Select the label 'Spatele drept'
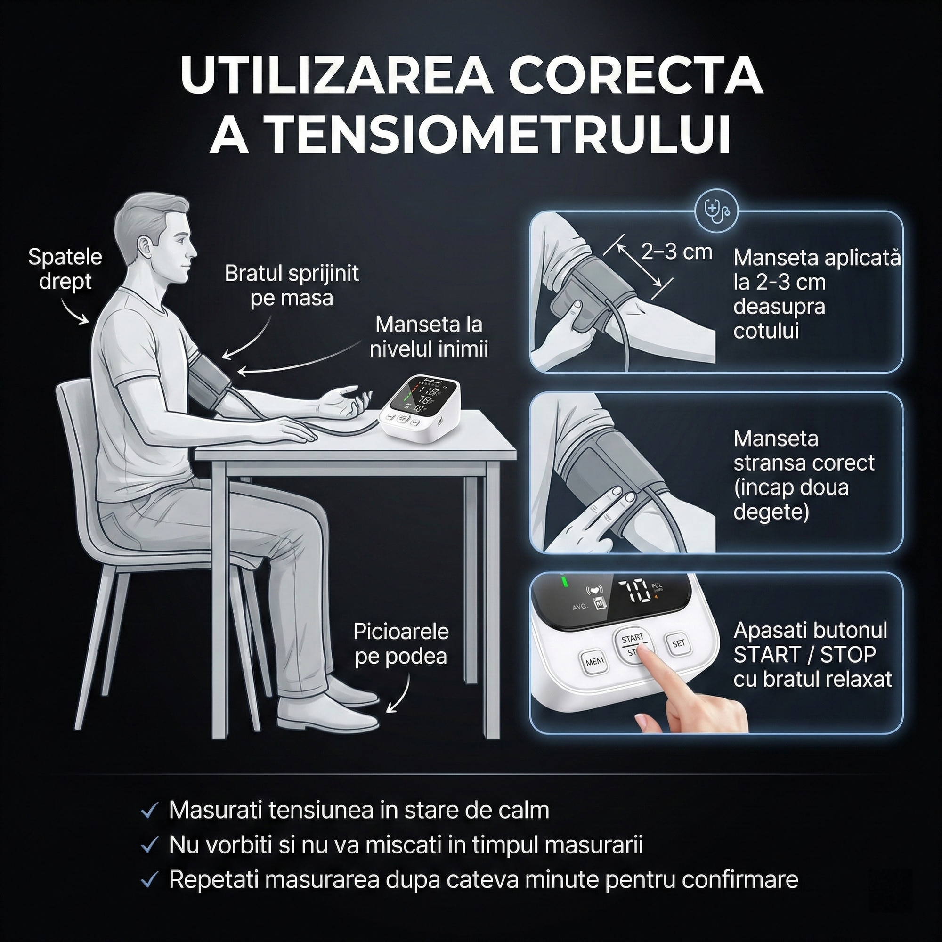pos(65,269)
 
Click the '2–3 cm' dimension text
pos(677,252)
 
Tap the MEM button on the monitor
pos(594,662)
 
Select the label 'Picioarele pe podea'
pos(401,643)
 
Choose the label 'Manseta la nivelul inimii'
pos(429,336)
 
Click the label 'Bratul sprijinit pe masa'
pos(292,285)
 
